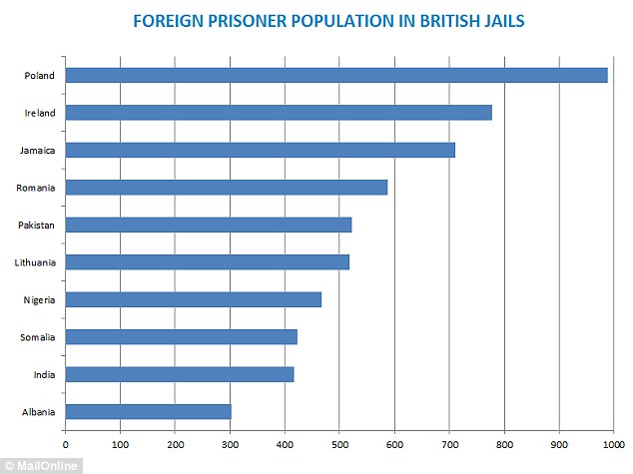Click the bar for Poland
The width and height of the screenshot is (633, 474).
(x=336, y=75)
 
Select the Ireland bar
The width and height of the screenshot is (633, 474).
(x=279, y=113)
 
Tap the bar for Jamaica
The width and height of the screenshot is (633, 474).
(x=260, y=150)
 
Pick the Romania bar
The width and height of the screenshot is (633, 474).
(x=226, y=188)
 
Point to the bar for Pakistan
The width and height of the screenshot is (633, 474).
(x=209, y=225)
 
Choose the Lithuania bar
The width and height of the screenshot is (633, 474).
(x=207, y=262)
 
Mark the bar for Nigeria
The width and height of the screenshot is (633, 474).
(x=193, y=299)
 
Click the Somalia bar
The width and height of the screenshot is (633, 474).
(x=181, y=337)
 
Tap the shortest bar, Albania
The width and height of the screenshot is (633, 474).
(x=148, y=412)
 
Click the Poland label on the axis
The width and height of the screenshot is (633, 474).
(x=39, y=75)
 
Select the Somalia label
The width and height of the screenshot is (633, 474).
(x=36, y=337)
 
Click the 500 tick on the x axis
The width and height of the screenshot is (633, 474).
(x=339, y=444)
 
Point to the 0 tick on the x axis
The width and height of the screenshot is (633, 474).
(x=66, y=444)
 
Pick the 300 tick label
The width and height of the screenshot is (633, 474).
(x=230, y=444)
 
